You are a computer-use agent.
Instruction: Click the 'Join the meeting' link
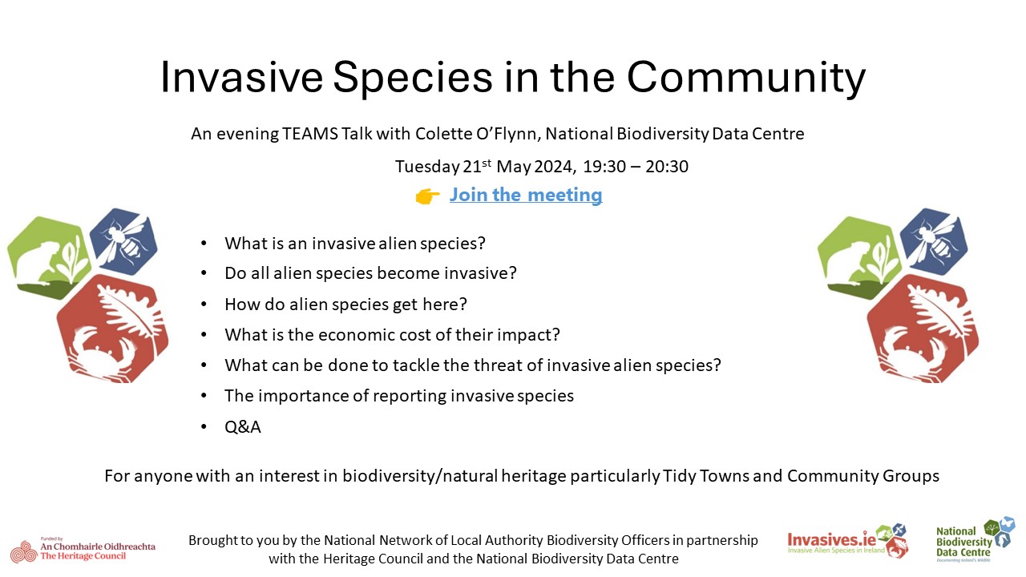click(x=526, y=195)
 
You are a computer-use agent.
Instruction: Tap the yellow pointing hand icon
click(x=427, y=196)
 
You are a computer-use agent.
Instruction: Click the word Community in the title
click(x=746, y=77)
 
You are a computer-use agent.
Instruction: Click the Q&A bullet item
click(x=243, y=427)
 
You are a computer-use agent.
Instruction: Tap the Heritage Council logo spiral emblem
click(x=24, y=551)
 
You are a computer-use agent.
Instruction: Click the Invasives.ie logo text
click(x=832, y=540)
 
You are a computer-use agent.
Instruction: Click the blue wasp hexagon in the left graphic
click(x=123, y=241)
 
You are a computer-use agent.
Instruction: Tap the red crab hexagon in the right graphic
click(x=922, y=329)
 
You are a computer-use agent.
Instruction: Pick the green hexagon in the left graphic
click(x=48, y=258)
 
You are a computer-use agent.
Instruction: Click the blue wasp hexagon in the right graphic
click(x=934, y=241)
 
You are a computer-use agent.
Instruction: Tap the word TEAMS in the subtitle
click(x=310, y=134)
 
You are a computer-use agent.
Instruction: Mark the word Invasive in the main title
click(x=242, y=77)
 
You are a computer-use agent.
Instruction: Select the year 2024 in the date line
click(x=553, y=166)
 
